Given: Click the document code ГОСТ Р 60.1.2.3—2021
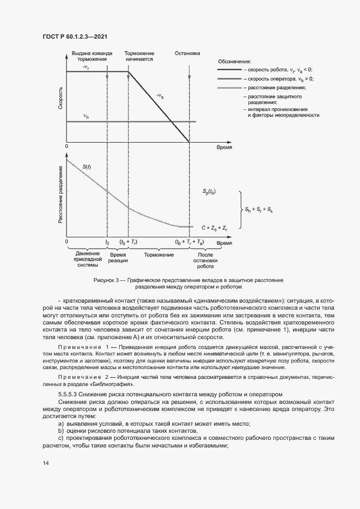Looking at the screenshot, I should point(75,36).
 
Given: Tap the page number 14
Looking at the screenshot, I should point(46,463).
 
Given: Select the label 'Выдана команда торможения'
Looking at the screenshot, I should point(91,57).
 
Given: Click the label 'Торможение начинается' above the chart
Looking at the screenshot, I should point(140,57).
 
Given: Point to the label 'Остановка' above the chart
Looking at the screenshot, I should point(188,54).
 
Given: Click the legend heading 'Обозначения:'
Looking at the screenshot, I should point(234,62).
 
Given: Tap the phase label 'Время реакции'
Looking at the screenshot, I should point(118,257).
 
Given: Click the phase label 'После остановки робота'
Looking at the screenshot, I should point(205,261).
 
